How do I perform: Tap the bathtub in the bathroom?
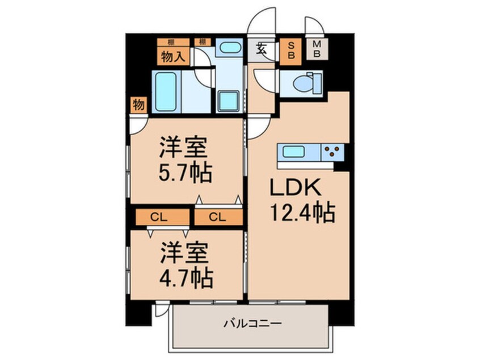pos(168,92)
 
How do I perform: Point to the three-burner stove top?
pos(333,152)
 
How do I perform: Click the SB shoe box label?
pos(290,51)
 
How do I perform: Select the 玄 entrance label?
pos(262,49)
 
